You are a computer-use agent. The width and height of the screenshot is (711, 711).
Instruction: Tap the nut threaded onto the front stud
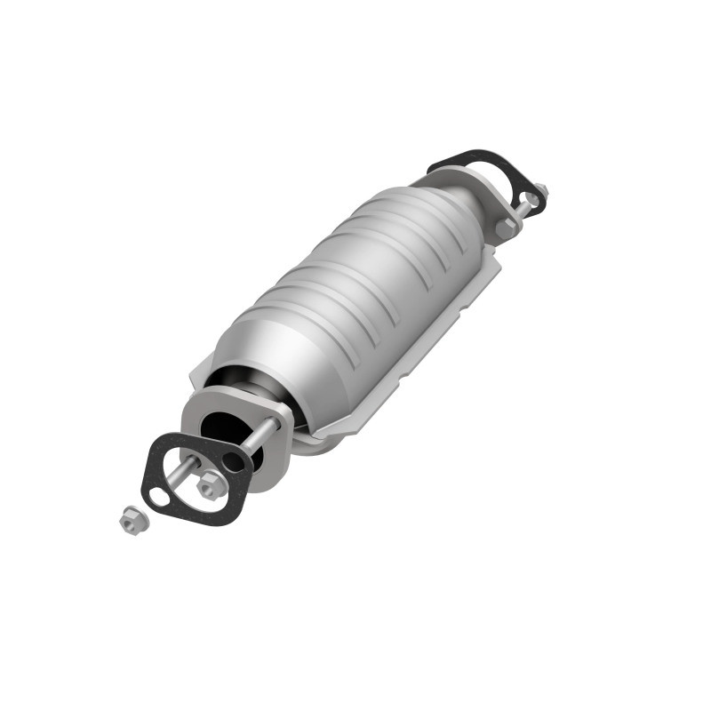point(209,484)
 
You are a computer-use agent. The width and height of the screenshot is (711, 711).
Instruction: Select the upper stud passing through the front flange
point(262,435)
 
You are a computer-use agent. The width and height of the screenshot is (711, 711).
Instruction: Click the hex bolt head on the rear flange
point(506,227)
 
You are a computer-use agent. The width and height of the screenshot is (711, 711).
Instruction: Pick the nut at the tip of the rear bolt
point(539,190)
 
